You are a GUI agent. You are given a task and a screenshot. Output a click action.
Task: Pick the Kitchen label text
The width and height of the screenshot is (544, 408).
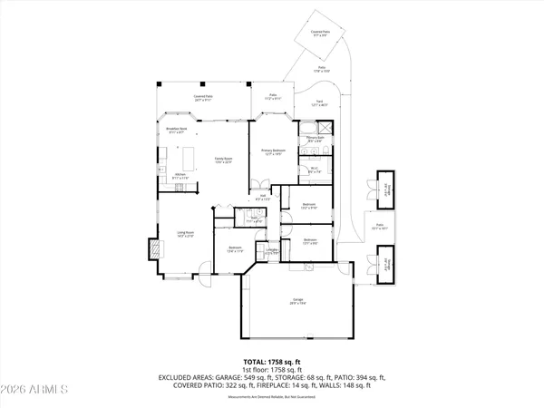[x=180, y=176]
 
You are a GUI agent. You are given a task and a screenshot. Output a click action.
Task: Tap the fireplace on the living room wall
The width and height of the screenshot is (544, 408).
[x=154, y=248]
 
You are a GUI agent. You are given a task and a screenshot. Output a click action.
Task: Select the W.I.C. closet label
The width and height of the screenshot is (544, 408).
[x=314, y=170]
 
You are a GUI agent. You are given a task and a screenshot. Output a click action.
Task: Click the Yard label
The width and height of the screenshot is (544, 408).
[x=318, y=103]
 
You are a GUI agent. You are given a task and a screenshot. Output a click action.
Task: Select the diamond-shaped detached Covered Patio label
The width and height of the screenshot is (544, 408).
[x=318, y=32]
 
